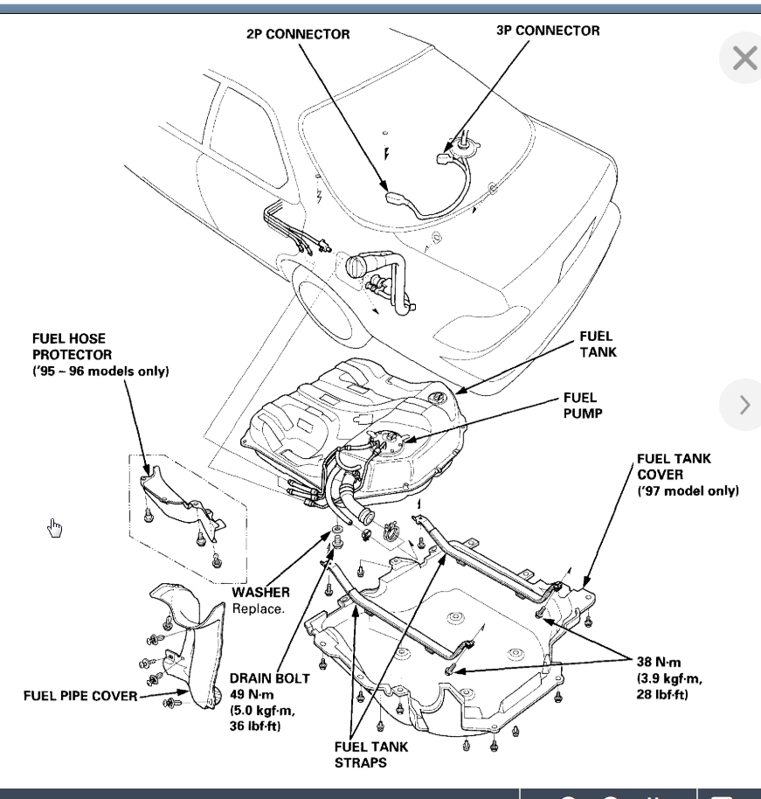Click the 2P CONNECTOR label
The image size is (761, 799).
tap(298, 34)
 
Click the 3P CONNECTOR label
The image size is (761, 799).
tap(548, 31)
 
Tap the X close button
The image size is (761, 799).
tap(744, 59)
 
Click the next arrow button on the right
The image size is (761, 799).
tap(744, 405)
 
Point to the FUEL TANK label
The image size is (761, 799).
tap(596, 344)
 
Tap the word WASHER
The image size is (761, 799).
tap(261, 592)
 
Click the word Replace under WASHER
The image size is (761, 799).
tap(258, 608)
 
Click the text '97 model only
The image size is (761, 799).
tap(688, 490)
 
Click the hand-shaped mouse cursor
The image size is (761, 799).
tap(54, 527)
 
